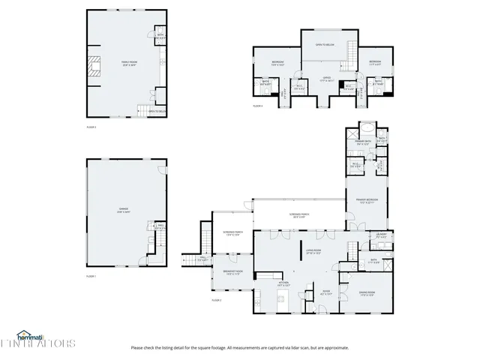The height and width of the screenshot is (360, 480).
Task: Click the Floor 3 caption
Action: [x=91, y=128]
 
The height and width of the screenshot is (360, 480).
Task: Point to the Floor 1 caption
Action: [x=91, y=277]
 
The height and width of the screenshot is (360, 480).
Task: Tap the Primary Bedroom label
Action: [x=367, y=200]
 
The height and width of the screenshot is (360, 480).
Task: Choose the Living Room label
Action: [x=313, y=252]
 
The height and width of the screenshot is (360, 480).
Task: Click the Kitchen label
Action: [x=283, y=284]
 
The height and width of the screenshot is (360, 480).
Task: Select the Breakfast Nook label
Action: [x=233, y=273]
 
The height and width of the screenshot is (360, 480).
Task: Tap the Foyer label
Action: [x=326, y=292]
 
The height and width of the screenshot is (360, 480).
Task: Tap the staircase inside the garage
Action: [x=159, y=241]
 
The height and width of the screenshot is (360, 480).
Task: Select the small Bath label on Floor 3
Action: [x=160, y=35]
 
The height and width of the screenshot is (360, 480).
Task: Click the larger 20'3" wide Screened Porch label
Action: [x=299, y=215]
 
